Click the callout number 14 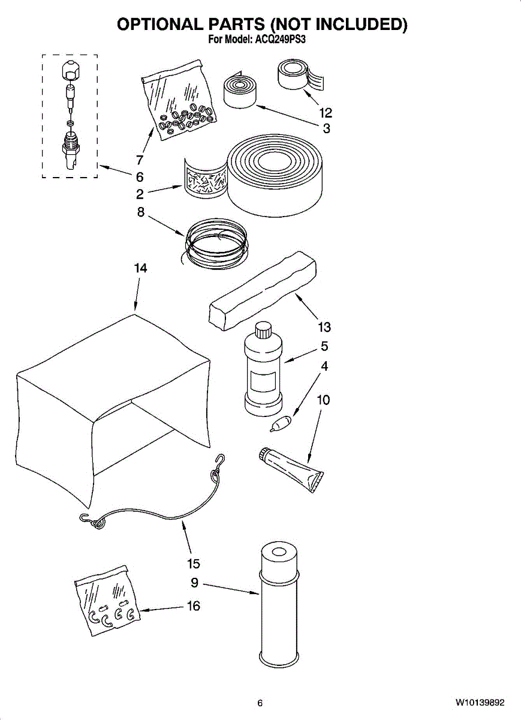(x=140, y=268)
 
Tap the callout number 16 (x=193, y=606)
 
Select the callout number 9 (x=194, y=582)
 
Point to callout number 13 (x=324, y=327)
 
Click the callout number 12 (x=326, y=112)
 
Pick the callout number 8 (x=140, y=211)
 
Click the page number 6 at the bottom (x=260, y=703)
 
